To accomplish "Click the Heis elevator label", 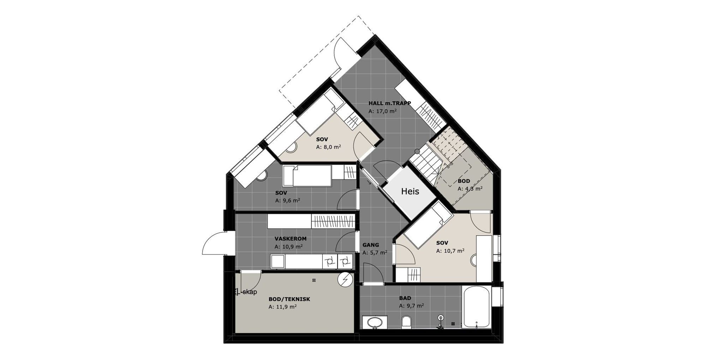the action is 410,191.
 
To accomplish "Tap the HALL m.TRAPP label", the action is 390,103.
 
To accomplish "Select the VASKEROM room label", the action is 291,239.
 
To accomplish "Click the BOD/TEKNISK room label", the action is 289,299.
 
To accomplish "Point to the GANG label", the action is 371,245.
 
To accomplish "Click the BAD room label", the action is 405,298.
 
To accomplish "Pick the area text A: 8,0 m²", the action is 328,147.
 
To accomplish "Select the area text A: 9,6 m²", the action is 288,200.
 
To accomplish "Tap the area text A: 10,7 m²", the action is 450,251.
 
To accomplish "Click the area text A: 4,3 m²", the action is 470,189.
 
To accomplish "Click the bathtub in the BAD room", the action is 476,307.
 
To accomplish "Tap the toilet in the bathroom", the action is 407,322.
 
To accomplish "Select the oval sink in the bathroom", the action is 375,322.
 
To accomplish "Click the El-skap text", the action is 246,292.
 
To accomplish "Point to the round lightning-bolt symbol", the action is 345,280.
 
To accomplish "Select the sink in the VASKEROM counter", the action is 277,262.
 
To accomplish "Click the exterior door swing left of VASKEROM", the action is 213,243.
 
